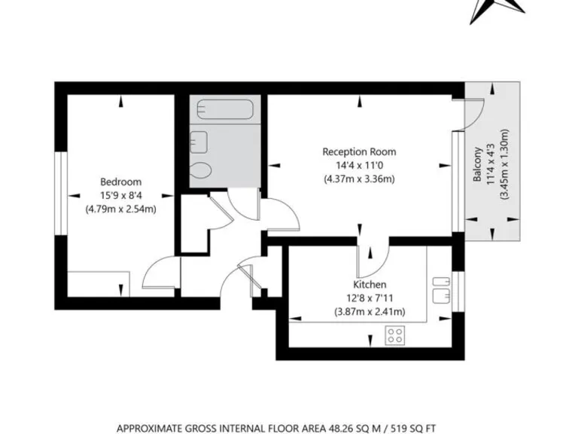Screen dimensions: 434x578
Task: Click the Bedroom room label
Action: pos(120,182)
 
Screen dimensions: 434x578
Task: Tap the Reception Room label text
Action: pos(359,151)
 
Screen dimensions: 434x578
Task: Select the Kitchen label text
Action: pos(370,285)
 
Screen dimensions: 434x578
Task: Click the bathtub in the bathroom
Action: pos(226,111)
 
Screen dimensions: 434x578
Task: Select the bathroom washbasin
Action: pos(199,140)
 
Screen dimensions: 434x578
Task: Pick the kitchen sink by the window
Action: pos(440,292)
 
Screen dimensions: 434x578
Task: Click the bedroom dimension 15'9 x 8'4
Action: pos(120,195)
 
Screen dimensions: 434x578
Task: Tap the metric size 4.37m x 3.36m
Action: pos(359,179)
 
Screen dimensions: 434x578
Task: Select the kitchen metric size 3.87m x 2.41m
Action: pos(370,312)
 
